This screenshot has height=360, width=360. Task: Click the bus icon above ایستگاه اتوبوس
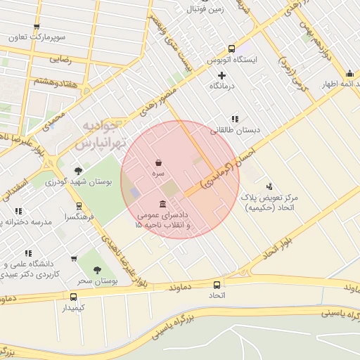tap(231, 49)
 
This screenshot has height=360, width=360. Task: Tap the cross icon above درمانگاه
tap(222, 75)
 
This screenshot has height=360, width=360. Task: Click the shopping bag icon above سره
tap(159, 162)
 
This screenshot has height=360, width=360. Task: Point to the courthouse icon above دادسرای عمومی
tap(163, 205)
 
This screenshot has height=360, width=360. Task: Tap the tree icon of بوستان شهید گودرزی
tap(78, 171)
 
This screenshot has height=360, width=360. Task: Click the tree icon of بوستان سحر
tap(96, 269)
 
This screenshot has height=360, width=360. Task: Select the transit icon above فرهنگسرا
tap(79, 207)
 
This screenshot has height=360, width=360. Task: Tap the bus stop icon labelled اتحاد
tap(216, 285)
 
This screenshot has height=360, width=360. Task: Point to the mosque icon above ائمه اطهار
tap(349, 73)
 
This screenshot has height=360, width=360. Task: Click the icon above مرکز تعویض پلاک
tap(269, 186)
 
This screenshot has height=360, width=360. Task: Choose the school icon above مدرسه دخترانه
tap(18, 211)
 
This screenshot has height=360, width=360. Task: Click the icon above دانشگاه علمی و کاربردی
tap(28, 252)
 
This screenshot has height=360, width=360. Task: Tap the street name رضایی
tap(60, 60)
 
